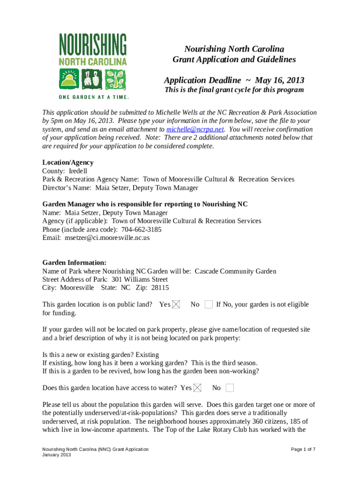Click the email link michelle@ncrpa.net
coord(195,129)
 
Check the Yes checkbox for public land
coord(176,305)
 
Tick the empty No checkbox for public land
coord(208,305)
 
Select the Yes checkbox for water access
coord(197,388)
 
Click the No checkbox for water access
coord(230,388)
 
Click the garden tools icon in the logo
coord(93,79)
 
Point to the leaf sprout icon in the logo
coord(115,79)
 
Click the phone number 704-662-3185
coord(141,229)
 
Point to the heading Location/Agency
coord(68,162)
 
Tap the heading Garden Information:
coord(74,262)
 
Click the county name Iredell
coord(78,171)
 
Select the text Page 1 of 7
coord(303,449)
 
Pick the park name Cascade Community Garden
coord(235,271)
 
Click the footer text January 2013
coord(57,455)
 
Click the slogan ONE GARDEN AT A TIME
coord(93,97)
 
